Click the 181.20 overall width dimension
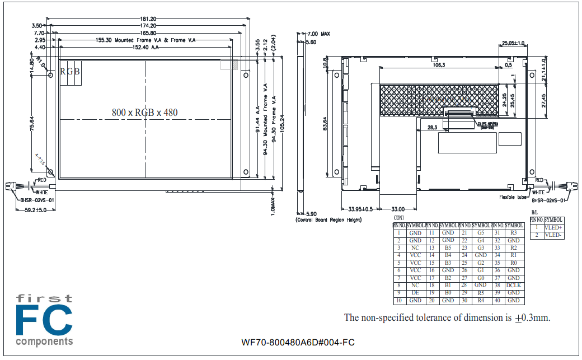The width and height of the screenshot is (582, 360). [148, 19]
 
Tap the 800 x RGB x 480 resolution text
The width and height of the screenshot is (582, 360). [144, 113]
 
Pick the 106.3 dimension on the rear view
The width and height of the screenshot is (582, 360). [439, 66]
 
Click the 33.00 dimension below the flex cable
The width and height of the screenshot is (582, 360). [397, 209]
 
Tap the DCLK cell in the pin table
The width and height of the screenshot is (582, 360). [513, 285]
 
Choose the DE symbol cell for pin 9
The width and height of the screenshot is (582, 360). [415, 292]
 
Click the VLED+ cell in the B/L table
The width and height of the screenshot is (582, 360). [553, 228]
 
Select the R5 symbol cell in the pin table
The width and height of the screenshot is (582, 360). [481, 292]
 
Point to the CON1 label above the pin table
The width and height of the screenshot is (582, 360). [399, 217]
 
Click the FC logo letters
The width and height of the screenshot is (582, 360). [44, 320]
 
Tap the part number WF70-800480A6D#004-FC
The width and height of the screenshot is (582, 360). [298, 343]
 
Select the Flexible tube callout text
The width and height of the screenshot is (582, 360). [514, 197]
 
